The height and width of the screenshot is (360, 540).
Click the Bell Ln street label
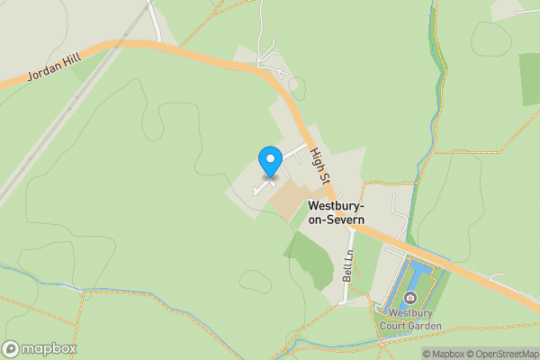[x=347, y=267]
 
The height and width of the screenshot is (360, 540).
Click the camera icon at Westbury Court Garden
[x=410, y=298]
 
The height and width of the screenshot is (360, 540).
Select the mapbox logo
[x=40, y=348]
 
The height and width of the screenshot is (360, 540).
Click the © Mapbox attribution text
[x=441, y=354]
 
